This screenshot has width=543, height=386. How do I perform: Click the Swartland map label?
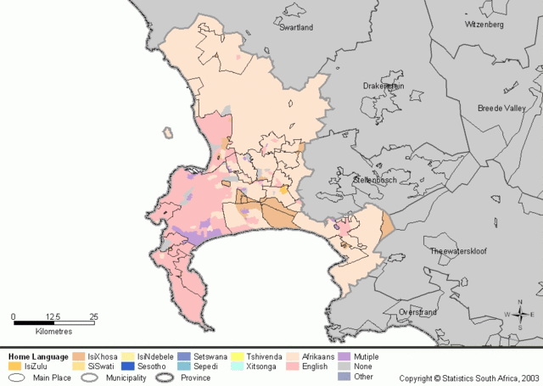tap(296, 27)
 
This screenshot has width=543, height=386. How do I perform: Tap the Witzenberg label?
tap(484, 25)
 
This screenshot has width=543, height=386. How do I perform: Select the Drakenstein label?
tap(383, 86)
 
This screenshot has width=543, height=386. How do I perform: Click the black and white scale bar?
tap(53, 324)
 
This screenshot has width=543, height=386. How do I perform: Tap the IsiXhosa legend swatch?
tap(79, 357)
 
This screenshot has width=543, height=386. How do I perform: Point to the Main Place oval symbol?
tap(16, 378)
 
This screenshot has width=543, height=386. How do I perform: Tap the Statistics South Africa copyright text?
tap(468, 378)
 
